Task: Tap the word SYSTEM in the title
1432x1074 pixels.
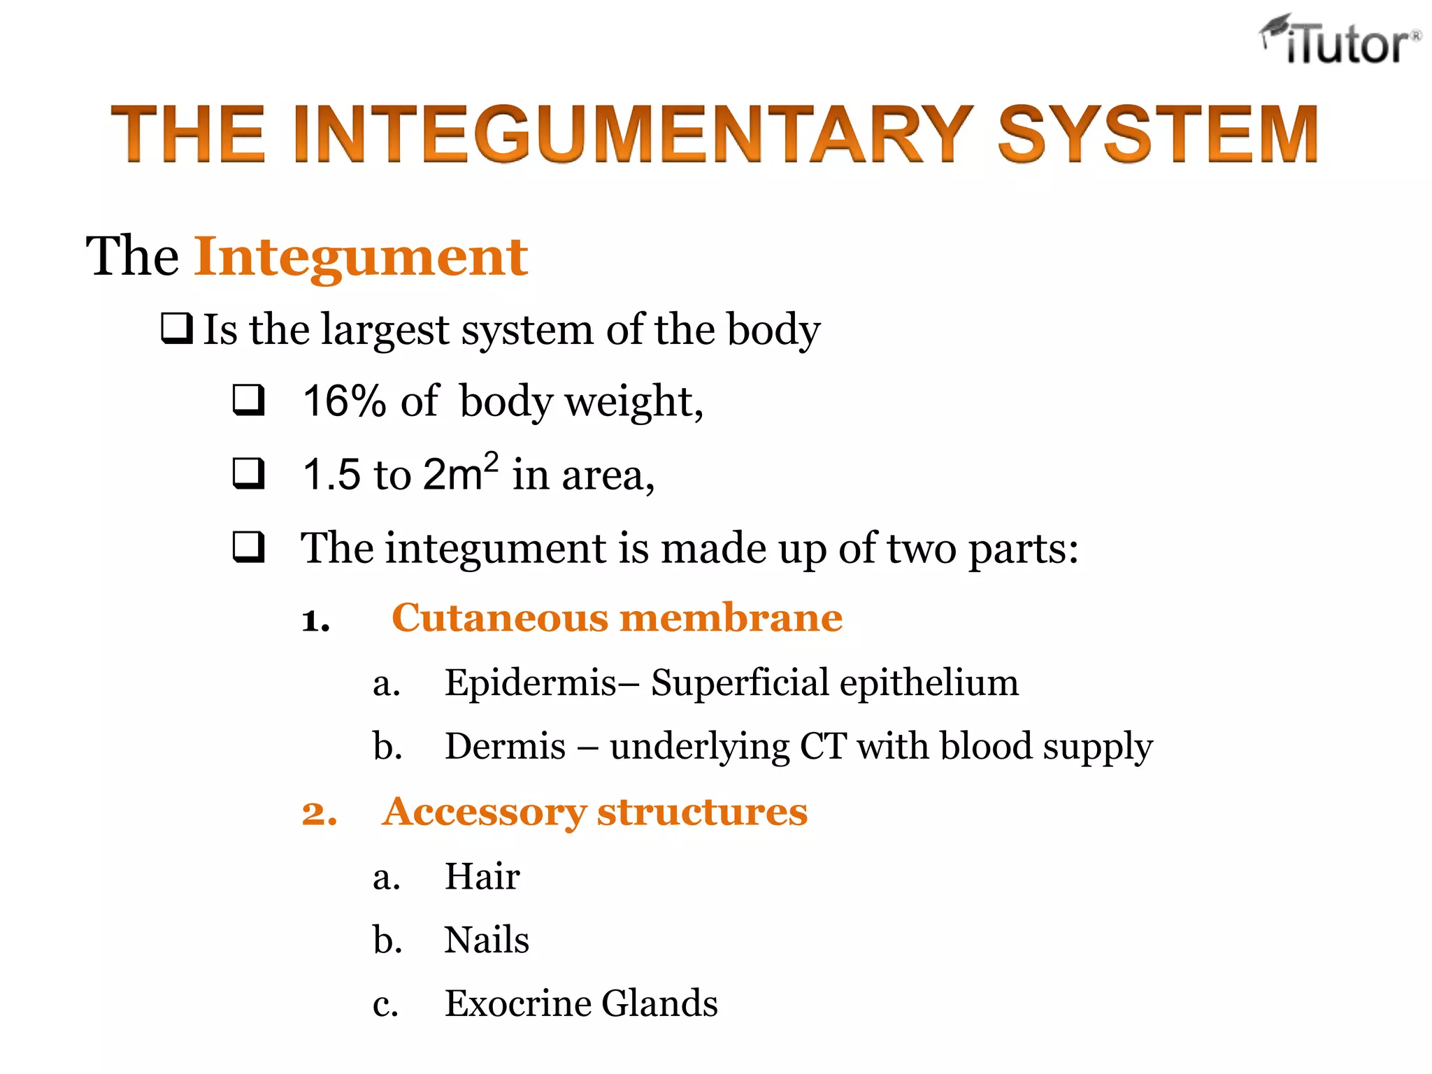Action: pyautogui.click(x=1157, y=134)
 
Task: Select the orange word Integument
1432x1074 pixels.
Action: pyautogui.click(x=361, y=257)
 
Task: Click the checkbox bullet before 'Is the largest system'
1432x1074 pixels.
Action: pyautogui.click(x=177, y=329)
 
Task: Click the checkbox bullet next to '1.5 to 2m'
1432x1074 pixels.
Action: pyautogui.click(x=249, y=473)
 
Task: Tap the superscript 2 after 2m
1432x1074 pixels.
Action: pyautogui.click(x=491, y=461)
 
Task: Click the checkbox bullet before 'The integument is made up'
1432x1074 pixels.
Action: pyautogui.click(x=249, y=547)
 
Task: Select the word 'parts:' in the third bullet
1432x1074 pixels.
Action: pyautogui.click(x=1024, y=549)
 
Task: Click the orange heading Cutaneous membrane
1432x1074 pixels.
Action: pyautogui.click(x=617, y=618)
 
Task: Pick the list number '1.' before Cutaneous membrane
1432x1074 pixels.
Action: pyautogui.click(x=315, y=621)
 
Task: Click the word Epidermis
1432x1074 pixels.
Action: pyautogui.click(x=531, y=682)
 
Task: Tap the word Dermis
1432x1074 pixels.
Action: pyautogui.click(x=505, y=746)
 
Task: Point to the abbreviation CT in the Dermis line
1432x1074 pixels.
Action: pyautogui.click(x=823, y=746)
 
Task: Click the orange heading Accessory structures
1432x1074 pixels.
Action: pyautogui.click(x=594, y=812)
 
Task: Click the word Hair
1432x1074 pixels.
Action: pyautogui.click(x=482, y=877)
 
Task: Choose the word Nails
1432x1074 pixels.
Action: pyautogui.click(x=487, y=940)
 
